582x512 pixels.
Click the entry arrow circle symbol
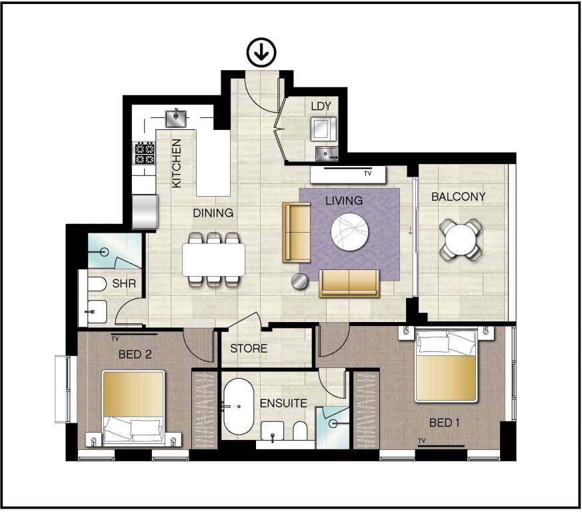[x=262, y=53]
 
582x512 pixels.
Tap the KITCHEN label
[x=176, y=163]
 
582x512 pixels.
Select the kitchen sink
[x=175, y=118]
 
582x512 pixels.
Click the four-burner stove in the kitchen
[x=145, y=153]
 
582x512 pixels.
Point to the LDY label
[x=321, y=106]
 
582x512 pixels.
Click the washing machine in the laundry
[x=323, y=129]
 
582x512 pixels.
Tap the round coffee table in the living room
[x=349, y=232]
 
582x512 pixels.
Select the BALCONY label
[x=459, y=197]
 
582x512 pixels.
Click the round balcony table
[x=461, y=240]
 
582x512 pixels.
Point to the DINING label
[x=213, y=213]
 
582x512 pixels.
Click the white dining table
[x=213, y=259]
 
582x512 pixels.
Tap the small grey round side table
[x=299, y=281]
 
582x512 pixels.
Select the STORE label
[x=249, y=348]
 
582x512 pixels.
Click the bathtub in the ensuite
[x=238, y=407]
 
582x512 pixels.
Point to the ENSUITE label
[x=283, y=403]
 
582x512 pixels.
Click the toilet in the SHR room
[x=97, y=285]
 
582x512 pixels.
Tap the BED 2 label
[x=135, y=354]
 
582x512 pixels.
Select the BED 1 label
[x=444, y=423]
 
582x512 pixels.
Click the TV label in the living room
[x=367, y=173]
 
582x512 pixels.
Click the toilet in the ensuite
[x=300, y=431]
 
